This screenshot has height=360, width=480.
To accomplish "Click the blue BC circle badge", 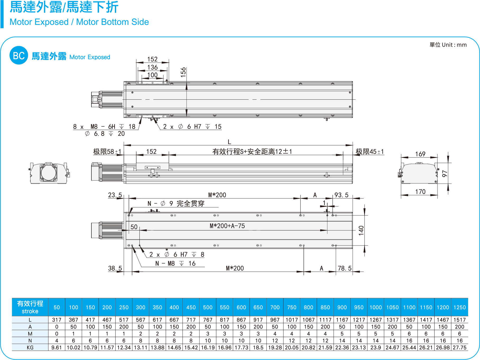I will [x=19, y=55].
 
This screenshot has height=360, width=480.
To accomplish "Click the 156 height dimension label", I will [x=183, y=72].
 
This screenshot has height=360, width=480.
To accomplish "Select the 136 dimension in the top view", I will [x=152, y=67].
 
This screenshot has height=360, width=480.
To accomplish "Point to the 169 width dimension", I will [x=420, y=154].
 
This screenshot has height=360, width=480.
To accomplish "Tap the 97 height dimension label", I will [x=445, y=173].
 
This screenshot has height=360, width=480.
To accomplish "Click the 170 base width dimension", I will [x=420, y=192].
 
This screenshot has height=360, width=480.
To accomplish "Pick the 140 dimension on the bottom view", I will [x=361, y=230].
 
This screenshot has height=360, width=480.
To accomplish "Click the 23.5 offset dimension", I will [x=115, y=195].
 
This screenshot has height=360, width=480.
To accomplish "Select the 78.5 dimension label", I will [x=344, y=268].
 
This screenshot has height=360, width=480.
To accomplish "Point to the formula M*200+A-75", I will [x=227, y=226].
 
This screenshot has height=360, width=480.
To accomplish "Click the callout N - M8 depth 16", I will [x=175, y=263].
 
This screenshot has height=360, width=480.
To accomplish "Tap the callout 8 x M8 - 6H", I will [x=104, y=127].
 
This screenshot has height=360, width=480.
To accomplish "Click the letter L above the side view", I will [x=229, y=142].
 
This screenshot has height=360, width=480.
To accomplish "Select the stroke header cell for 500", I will [x=208, y=307].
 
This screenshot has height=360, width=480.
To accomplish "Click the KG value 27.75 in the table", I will [x=459, y=348].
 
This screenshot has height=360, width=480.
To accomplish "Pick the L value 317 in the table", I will [x=57, y=320].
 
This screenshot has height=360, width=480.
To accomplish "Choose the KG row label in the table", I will [x=30, y=348].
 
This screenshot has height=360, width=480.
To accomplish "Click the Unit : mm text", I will [x=448, y=45].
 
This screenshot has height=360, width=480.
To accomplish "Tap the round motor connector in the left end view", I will [x=48, y=173].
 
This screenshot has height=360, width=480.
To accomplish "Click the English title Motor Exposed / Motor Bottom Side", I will [x=79, y=22].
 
